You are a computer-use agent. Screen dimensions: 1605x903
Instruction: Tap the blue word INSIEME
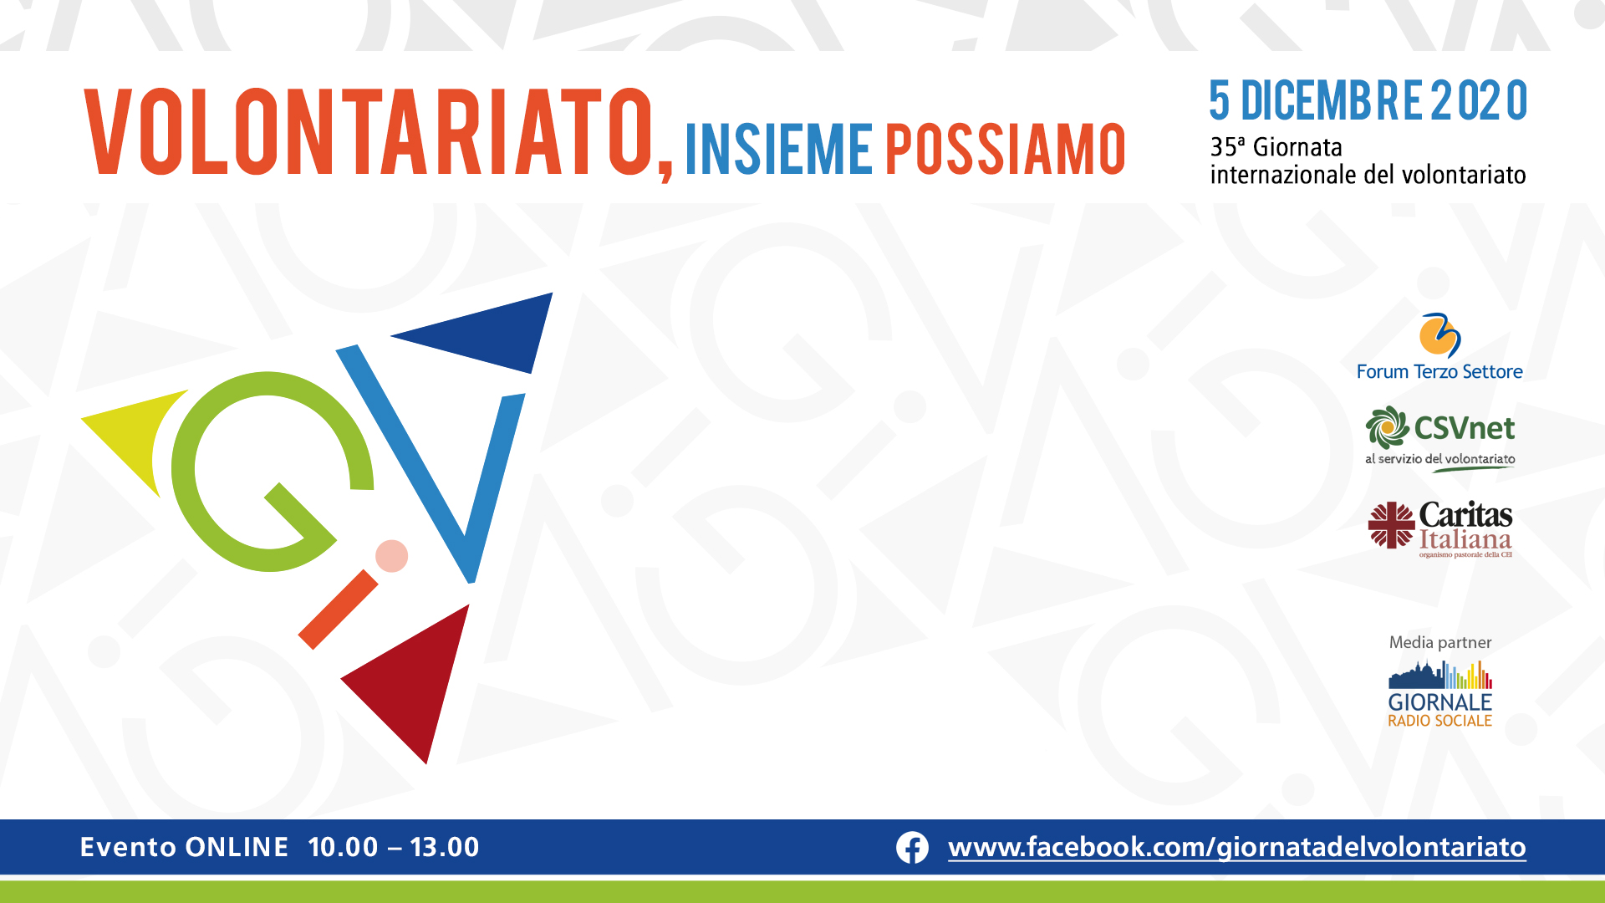click(x=779, y=150)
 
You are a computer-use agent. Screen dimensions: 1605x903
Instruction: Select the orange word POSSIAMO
click(x=1006, y=150)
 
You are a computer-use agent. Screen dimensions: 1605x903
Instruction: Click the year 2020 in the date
click(x=1479, y=101)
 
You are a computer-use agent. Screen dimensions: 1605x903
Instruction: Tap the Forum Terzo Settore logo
click(x=1439, y=347)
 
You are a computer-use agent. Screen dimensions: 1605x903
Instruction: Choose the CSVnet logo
click(x=1440, y=439)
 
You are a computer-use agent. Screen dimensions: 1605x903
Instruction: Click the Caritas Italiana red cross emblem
click(x=1391, y=525)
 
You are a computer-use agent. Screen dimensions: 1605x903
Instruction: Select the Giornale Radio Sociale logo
click(x=1440, y=694)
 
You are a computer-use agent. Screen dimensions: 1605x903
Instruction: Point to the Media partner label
click(x=1440, y=642)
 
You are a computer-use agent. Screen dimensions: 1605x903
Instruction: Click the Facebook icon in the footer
click(x=912, y=848)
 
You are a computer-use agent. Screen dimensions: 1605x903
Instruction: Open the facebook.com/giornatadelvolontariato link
click(x=1237, y=848)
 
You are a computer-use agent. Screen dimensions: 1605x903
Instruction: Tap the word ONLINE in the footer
click(x=237, y=847)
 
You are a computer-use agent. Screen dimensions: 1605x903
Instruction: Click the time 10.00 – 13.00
click(x=394, y=847)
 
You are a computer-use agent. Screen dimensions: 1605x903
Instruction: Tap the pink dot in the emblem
click(x=391, y=556)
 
